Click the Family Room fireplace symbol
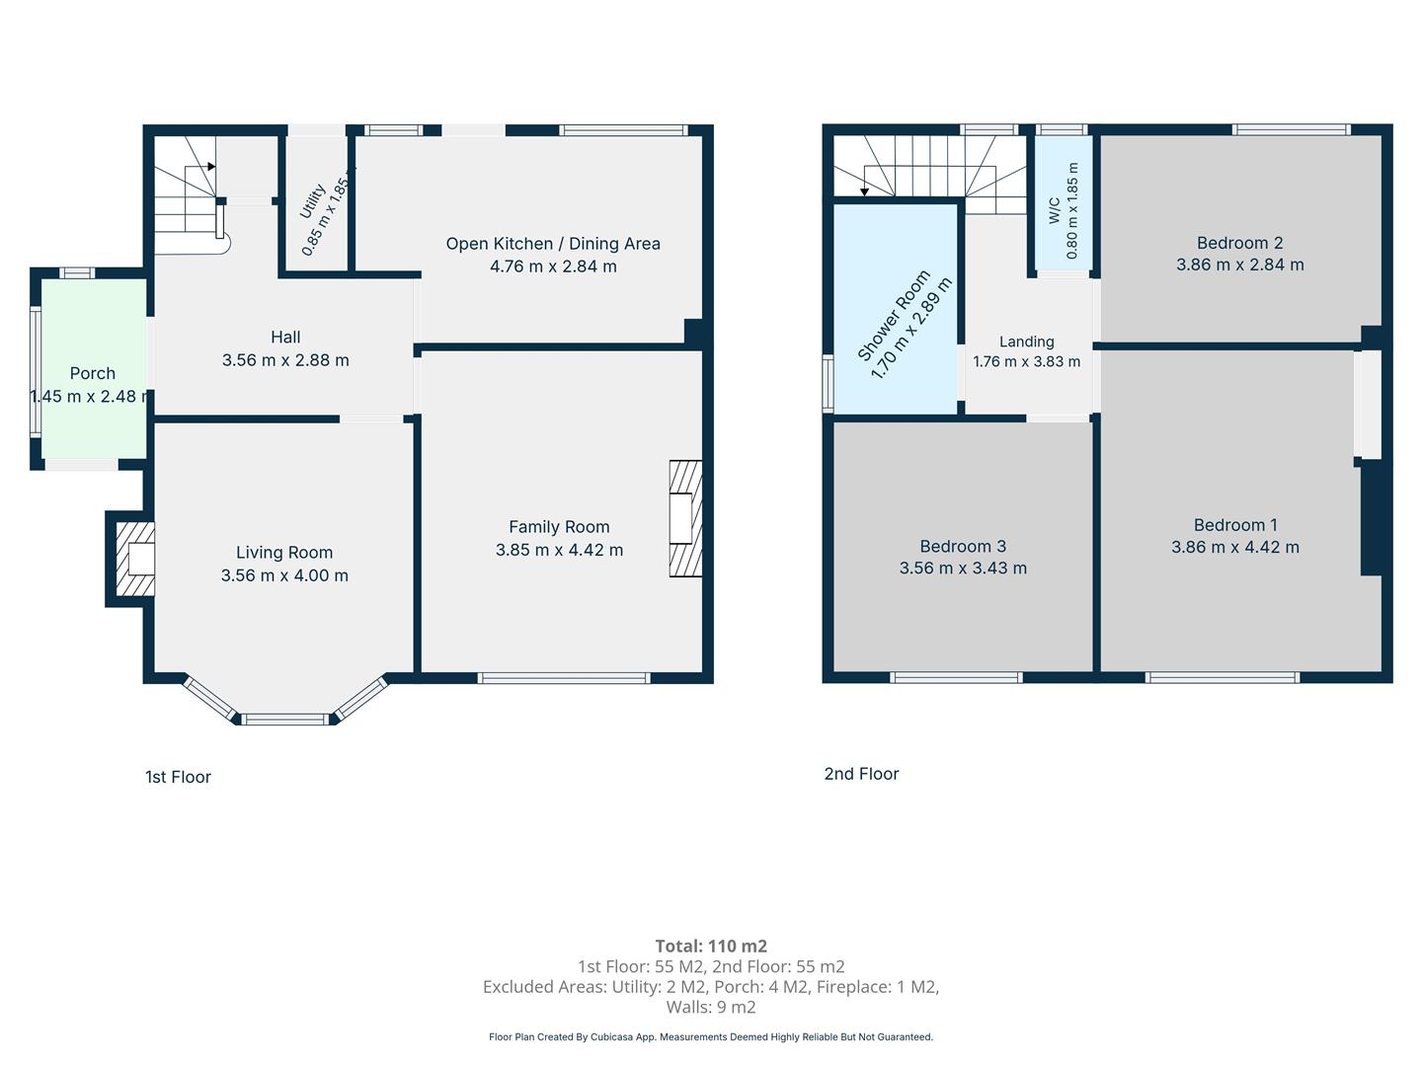click(685, 518)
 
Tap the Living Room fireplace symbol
click(135, 559)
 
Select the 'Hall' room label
click(285, 338)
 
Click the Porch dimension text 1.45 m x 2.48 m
click(91, 396)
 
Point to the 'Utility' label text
click(312, 200)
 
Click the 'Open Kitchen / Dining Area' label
click(553, 244)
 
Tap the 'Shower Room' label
click(894, 315)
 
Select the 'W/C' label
click(1054, 211)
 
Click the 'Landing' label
click(1027, 342)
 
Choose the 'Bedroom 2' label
click(1240, 243)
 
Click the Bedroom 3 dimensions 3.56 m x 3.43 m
click(963, 568)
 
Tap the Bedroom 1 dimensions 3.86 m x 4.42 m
click(1235, 547)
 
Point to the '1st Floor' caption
click(178, 777)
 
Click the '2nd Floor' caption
click(862, 774)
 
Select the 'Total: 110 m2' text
click(711, 947)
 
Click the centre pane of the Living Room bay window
click(285, 720)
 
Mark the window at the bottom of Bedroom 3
click(956, 678)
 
